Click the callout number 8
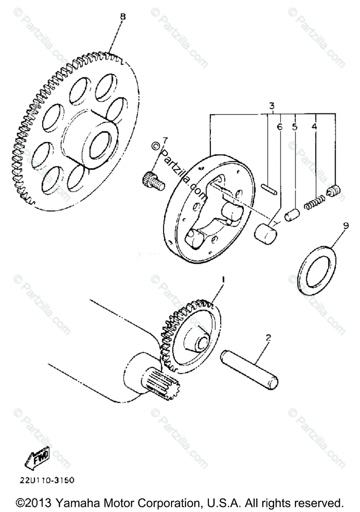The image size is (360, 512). (x=123, y=17)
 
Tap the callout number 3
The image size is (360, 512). (x=271, y=105)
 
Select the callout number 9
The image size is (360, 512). (x=345, y=225)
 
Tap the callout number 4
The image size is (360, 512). (x=315, y=127)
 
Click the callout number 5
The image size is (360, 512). (x=294, y=127)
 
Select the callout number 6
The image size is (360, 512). (x=280, y=127)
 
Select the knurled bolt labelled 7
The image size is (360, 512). (x=153, y=180)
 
